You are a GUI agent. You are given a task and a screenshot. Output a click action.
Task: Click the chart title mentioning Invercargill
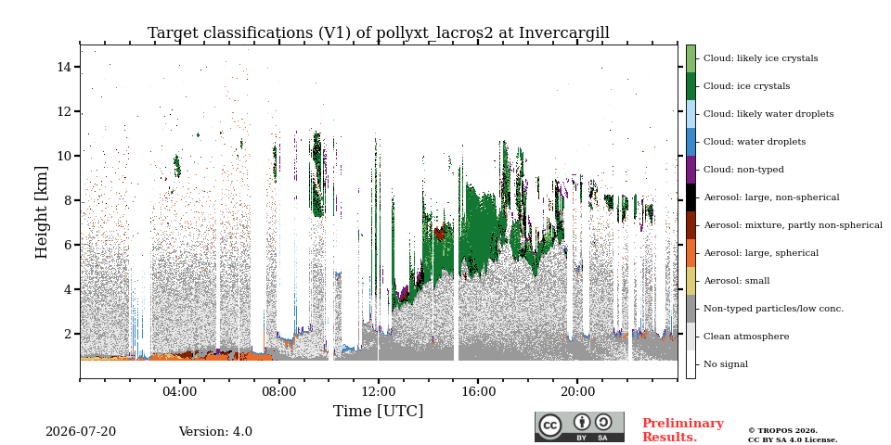[379, 33]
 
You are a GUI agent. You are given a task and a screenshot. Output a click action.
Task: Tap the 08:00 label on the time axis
[279, 392]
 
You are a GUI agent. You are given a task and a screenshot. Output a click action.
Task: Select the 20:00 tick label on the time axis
[577, 392]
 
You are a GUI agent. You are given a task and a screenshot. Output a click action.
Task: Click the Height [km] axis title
[42, 212]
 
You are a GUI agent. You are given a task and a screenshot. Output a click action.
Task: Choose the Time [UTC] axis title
[379, 411]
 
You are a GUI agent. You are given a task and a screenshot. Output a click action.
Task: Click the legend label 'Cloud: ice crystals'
[746, 86]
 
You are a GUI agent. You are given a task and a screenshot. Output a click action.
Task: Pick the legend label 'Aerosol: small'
[736, 281]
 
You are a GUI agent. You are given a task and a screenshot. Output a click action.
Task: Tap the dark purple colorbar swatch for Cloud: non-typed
[691, 170]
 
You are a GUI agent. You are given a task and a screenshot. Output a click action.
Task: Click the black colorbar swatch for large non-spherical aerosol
[691, 197]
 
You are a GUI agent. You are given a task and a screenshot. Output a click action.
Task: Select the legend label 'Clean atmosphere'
[746, 337]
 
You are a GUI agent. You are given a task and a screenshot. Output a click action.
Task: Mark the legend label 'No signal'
[726, 364]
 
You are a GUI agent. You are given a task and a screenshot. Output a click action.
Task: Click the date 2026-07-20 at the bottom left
[81, 432]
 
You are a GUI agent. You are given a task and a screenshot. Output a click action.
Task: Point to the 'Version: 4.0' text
[215, 432]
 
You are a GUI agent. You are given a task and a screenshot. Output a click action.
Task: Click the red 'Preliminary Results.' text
[683, 430]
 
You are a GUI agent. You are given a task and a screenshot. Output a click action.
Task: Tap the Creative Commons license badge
[579, 426]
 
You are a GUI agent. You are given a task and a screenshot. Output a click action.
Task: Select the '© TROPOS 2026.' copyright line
[783, 431]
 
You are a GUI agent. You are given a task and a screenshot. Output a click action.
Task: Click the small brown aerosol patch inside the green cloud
[439, 232]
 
